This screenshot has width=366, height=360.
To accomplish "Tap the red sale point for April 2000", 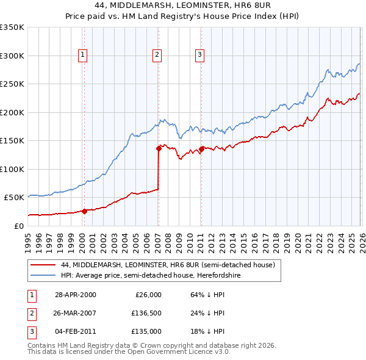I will point(85,211).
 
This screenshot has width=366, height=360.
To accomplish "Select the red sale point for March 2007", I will point(159,148).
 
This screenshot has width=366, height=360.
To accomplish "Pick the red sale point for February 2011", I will point(201,148).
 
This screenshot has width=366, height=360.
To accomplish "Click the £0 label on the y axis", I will point(18,226).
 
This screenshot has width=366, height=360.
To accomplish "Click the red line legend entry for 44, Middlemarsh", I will point(168,265).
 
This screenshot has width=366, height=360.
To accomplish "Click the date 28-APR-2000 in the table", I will point(75,294).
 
